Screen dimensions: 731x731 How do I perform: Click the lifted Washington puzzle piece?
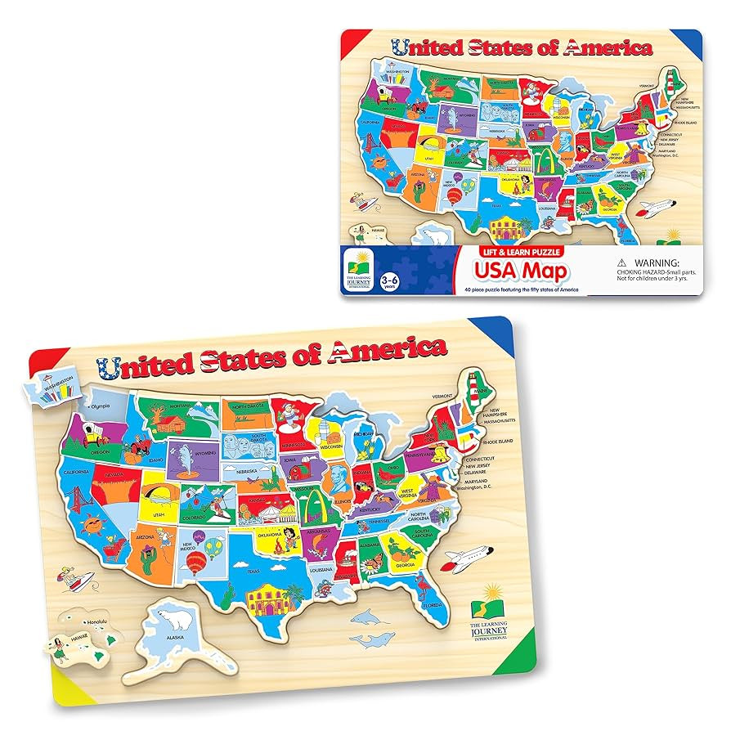click(x=57, y=385)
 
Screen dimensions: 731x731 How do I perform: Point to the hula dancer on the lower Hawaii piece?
click(x=61, y=651)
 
